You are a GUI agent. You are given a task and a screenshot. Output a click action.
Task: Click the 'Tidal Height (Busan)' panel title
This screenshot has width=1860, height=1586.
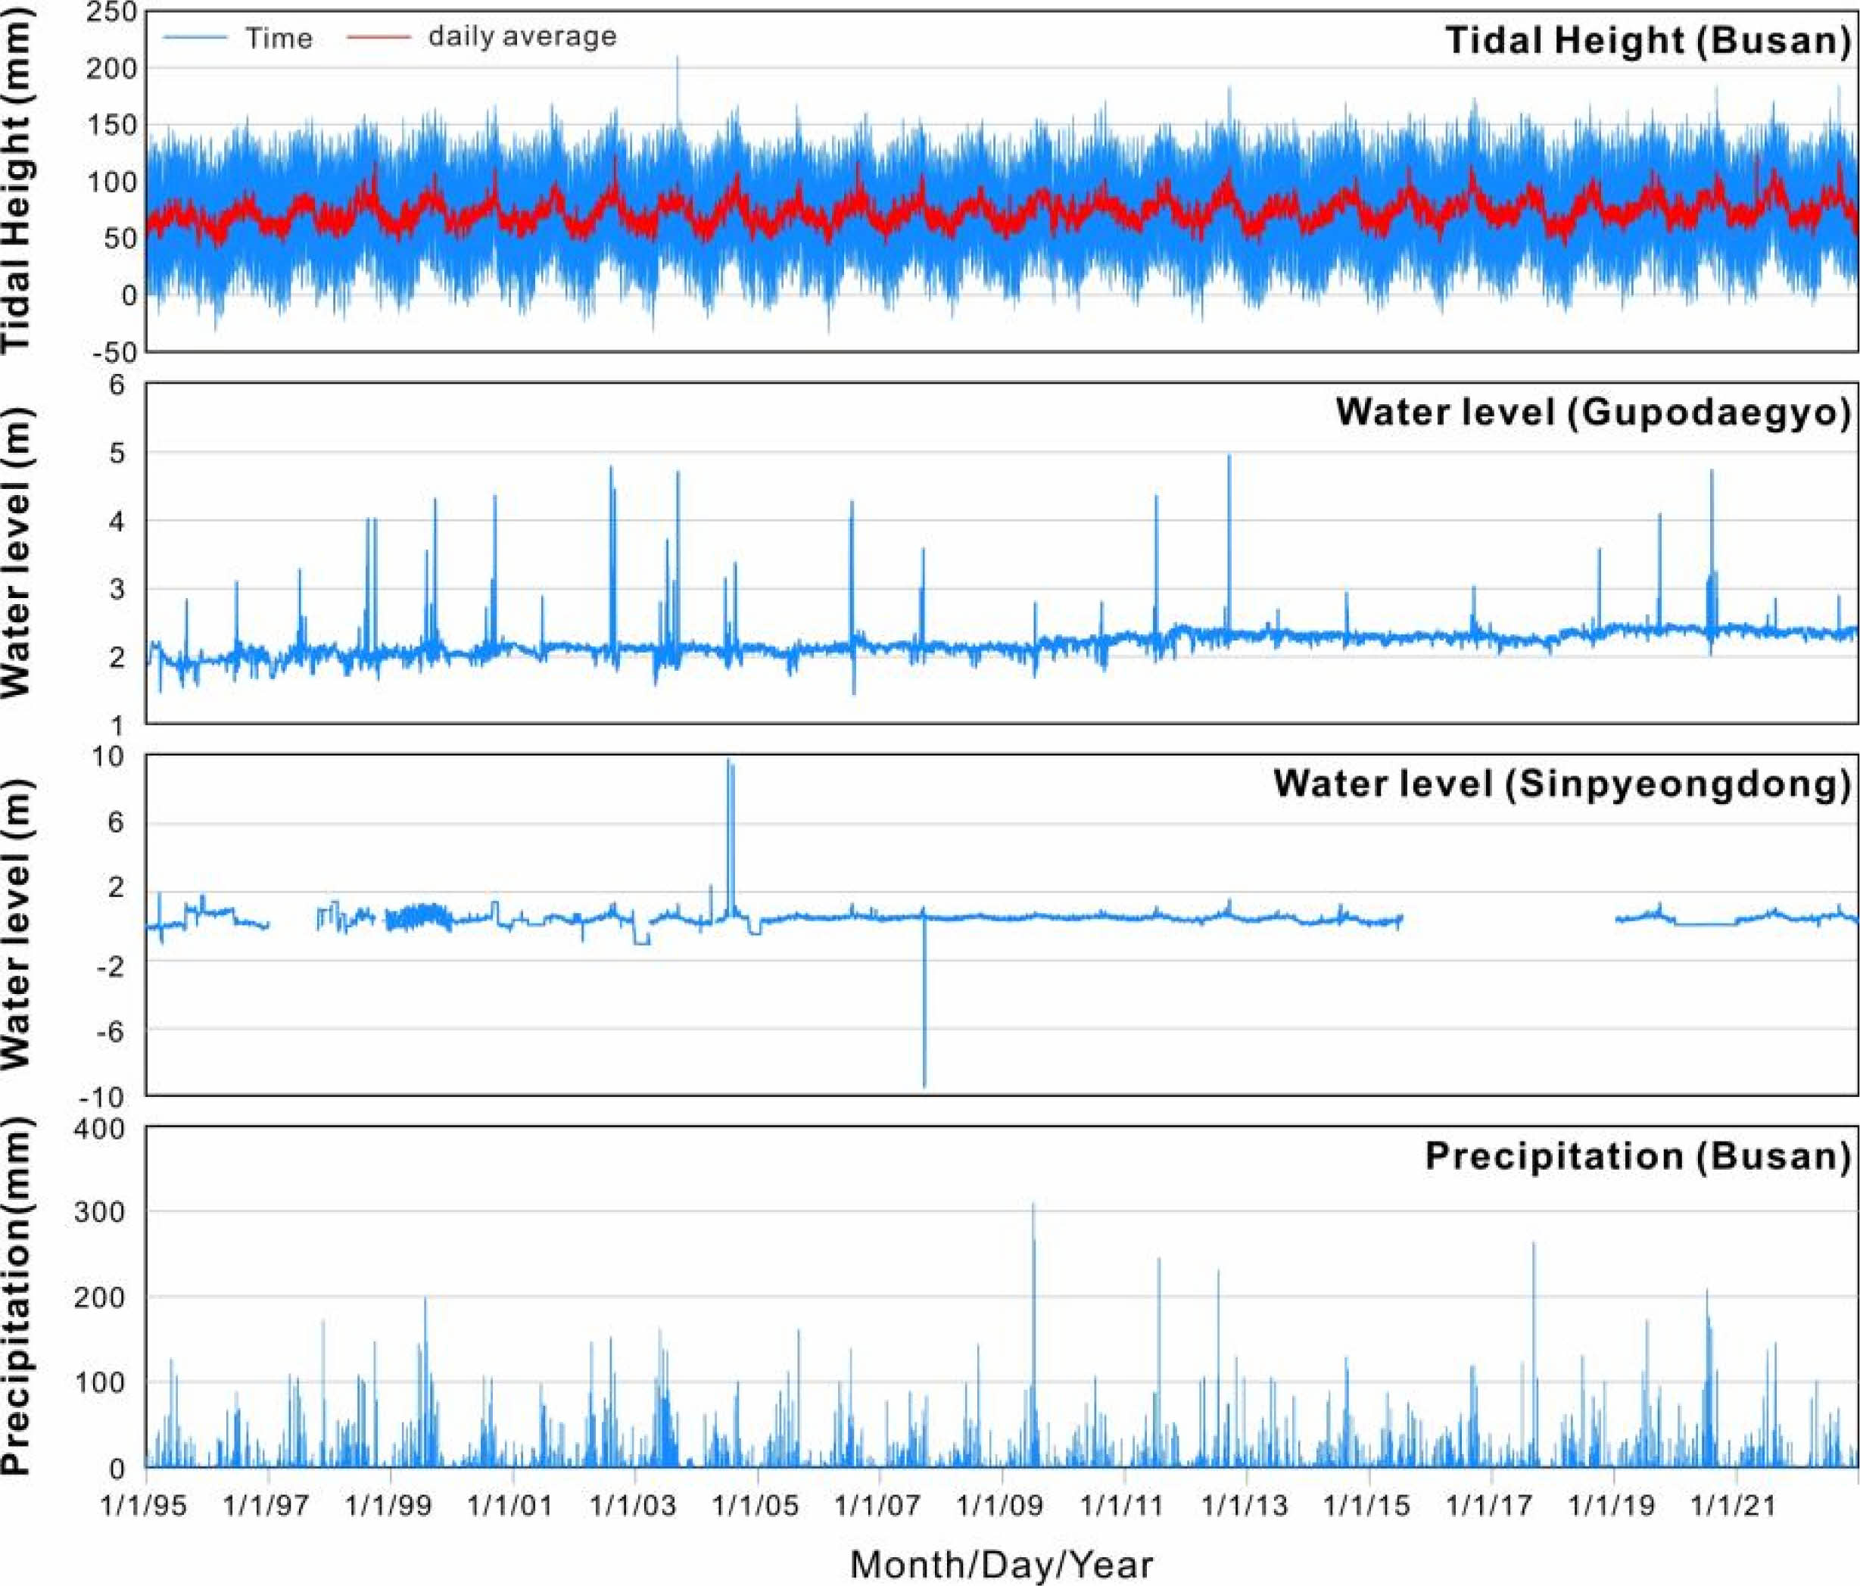pos(1648,40)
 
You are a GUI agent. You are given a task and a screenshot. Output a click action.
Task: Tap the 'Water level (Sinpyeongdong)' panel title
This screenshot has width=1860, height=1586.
pos(1561,784)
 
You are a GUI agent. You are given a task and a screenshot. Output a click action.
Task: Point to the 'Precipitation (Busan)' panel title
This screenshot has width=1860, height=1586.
pos(1637,1155)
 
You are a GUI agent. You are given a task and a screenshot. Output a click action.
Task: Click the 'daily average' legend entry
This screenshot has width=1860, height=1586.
pos(522,36)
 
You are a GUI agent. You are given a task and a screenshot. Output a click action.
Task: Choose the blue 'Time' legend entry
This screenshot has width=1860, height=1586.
pos(279,38)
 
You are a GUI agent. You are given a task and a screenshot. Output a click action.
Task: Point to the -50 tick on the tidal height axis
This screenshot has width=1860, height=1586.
pos(115,352)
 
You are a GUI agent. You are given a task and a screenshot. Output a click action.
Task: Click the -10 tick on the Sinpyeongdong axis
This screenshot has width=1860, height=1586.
pos(101,1096)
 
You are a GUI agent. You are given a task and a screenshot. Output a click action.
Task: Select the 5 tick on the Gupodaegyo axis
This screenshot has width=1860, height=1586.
pos(117,453)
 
